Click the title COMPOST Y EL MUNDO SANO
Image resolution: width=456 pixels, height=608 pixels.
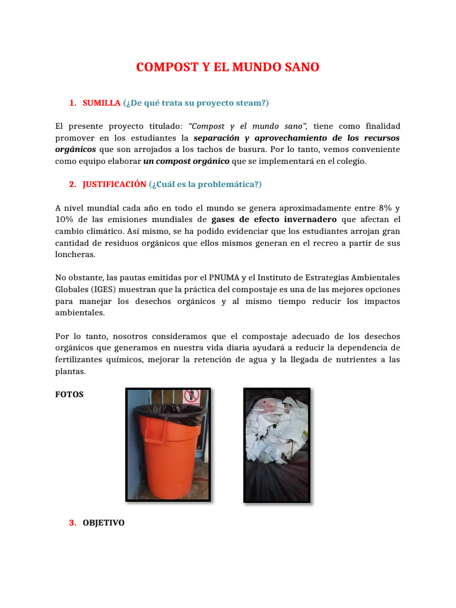click(x=227, y=67)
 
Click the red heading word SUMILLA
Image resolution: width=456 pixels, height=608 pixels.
click(x=102, y=103)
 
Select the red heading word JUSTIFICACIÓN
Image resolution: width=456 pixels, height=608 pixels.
click(x=114, y=184)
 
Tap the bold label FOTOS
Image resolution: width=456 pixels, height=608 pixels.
click(x=69, y=394)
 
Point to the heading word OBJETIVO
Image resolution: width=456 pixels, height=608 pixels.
click(x=104, y=522)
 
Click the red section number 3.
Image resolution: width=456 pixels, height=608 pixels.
click(x=72, y=522)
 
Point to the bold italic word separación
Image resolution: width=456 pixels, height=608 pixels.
click(x=217, y=138)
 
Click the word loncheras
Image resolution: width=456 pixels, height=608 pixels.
click(x=75, y=254)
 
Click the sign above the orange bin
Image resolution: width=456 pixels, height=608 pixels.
click(x=190, y=395)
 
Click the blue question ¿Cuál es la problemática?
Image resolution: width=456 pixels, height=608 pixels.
click(x=205, y=184)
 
